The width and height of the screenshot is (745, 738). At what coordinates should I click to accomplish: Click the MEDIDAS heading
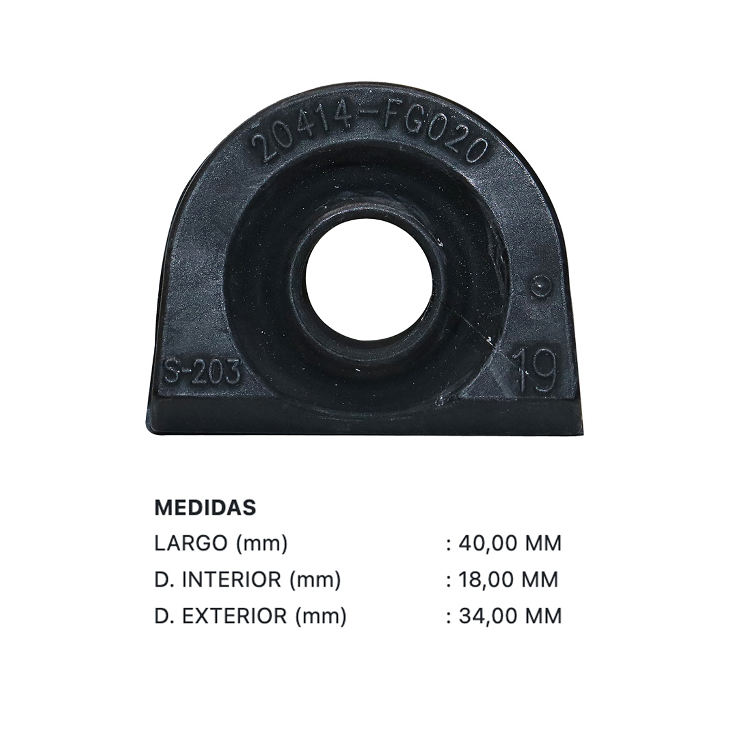tap(205, 508)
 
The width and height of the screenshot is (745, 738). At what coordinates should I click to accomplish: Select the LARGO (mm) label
tap(220, 544)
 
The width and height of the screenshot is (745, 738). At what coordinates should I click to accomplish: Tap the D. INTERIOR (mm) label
tap(247, 580)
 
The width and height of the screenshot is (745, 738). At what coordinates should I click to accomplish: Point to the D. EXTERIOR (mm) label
tap(250, 616)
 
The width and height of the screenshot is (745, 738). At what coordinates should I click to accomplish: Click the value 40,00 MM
tap(510, 544)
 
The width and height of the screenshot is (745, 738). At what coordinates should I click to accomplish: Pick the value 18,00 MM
tap(509, 580)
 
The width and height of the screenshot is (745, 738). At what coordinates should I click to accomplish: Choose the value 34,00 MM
tap(510, 616)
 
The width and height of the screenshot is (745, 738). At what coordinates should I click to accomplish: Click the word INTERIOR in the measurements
tap(231, 580)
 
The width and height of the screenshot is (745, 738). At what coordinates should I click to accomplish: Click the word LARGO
tap(190, 544)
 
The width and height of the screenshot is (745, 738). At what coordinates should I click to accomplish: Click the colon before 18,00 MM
tap(449, 581)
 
